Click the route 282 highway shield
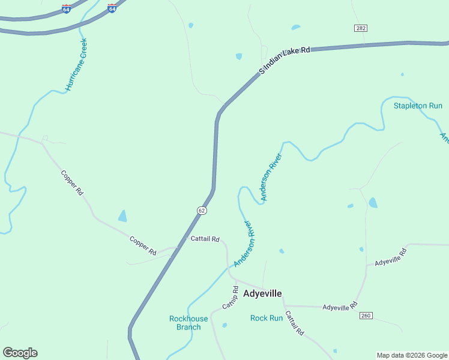[x=360, y=28]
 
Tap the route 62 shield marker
[x=202, y=210]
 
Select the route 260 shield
[x=366, y=316]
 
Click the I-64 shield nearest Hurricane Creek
[x=66, y=9]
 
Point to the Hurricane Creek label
[x=77, y=64]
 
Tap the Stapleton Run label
[x=418, y=106]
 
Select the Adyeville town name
[x=262, y=293]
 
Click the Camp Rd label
[x=230, y=298]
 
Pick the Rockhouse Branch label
[x=188, y=323]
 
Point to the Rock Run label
[x=266, y=318]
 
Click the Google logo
[x=20, y=353]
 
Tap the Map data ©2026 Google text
[x=412, y=355]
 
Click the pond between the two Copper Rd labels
[x=122, y=216]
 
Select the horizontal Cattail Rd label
[x=205, y=239]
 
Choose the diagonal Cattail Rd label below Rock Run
[x=294, y=323]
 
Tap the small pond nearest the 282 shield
[x=295, y=28]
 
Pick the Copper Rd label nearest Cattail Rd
[x=143, y=245]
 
